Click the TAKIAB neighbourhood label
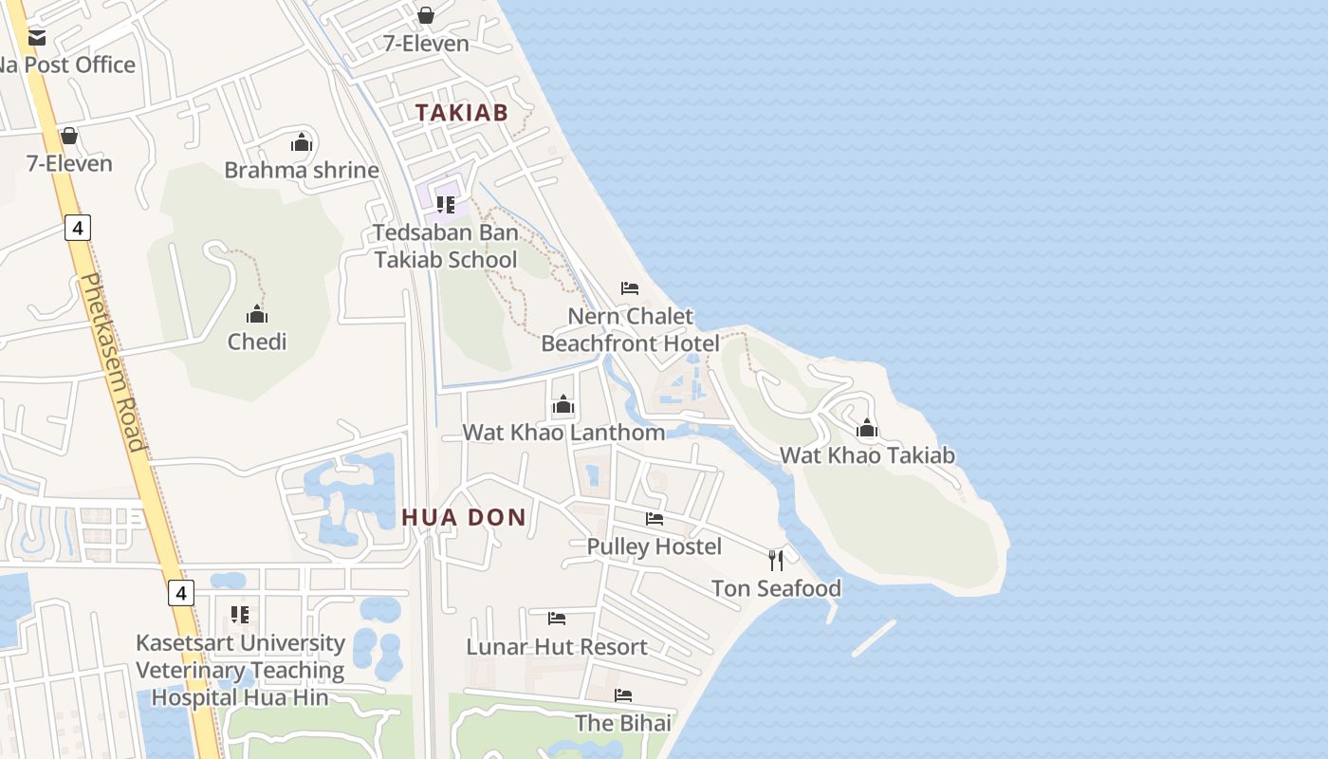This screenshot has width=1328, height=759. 462,112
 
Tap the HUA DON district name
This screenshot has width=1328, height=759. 464,517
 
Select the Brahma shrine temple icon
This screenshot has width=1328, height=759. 302,143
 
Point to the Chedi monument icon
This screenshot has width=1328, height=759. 256,314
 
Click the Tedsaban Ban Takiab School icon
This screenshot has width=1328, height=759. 446,204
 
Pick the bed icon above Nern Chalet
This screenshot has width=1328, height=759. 630,288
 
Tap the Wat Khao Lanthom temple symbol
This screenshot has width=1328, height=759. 563,405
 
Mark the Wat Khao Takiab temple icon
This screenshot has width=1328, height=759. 867,429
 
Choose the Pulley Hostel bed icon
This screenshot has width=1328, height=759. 655,519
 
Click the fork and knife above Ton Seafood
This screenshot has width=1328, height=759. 776,561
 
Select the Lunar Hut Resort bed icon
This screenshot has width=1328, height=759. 557,619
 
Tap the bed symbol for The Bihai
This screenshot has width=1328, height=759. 622,695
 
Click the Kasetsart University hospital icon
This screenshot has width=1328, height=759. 240,615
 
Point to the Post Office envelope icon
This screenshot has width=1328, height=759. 37,38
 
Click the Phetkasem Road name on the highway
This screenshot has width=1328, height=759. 113,361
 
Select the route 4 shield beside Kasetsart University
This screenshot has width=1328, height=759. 181,594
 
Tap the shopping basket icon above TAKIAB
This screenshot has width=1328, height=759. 426,15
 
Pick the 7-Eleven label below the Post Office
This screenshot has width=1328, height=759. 69,163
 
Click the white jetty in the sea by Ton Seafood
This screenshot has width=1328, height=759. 874,639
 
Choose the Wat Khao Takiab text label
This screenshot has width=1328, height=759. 867,455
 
